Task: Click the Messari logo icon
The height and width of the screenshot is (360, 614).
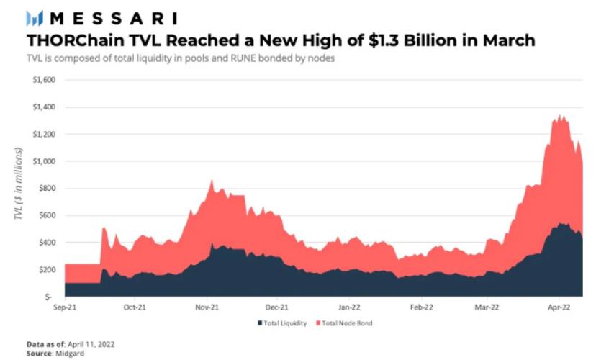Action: pos(35,18)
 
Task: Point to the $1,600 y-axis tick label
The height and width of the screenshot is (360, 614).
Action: pos(44,80)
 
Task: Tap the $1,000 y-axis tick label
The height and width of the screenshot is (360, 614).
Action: pos(44,161)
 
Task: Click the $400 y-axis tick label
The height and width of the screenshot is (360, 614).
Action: pos(48,243)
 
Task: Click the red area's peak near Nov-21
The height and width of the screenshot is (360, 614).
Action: pos(212,180)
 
